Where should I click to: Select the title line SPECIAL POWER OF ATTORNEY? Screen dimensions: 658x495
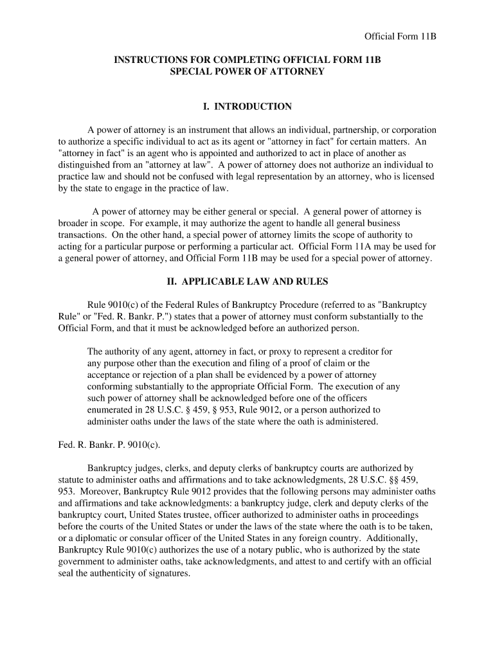pos(247,71)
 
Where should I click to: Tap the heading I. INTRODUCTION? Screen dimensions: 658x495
pos(247,106)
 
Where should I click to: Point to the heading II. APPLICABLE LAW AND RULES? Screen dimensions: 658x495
pos(247,281)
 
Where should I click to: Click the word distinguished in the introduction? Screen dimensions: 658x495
pos(86,164)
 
